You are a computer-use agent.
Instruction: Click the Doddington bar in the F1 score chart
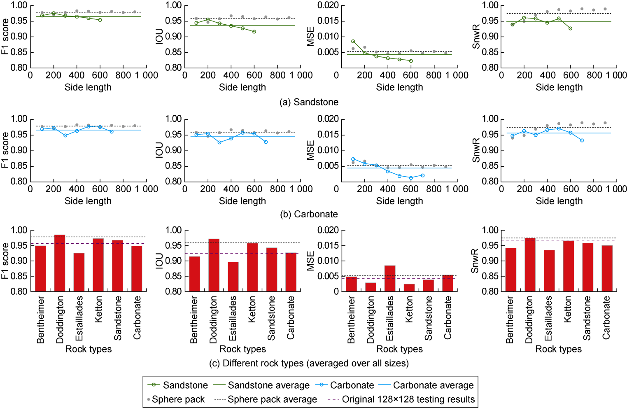(x=60, y=263)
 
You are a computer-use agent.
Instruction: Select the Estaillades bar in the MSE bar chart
(x=390, y=279)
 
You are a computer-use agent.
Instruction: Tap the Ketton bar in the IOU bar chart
(x=252, y=268)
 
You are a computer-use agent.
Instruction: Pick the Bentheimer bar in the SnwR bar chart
(x=510, y=270)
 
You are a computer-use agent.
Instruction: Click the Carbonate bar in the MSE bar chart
(x=448, y=283)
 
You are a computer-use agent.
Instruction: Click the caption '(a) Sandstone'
(x=309, y=102)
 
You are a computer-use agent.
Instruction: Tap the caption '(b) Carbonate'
(x=309, y=214)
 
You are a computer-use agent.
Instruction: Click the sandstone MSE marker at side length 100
(x=353, y=42)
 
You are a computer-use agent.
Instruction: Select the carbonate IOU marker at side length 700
(x=266, y=142)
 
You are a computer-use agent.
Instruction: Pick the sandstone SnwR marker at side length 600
(x=570, y=28)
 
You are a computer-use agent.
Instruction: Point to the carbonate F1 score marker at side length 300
(x=65, y=135)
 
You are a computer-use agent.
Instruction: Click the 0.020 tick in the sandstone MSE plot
(x=328, y=5)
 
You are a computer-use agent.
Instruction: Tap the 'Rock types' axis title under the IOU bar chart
(x=242, y=349)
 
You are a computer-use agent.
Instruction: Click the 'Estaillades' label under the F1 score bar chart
(x=79, y=318)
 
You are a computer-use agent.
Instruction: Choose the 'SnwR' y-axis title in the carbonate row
(x=476, y=150)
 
